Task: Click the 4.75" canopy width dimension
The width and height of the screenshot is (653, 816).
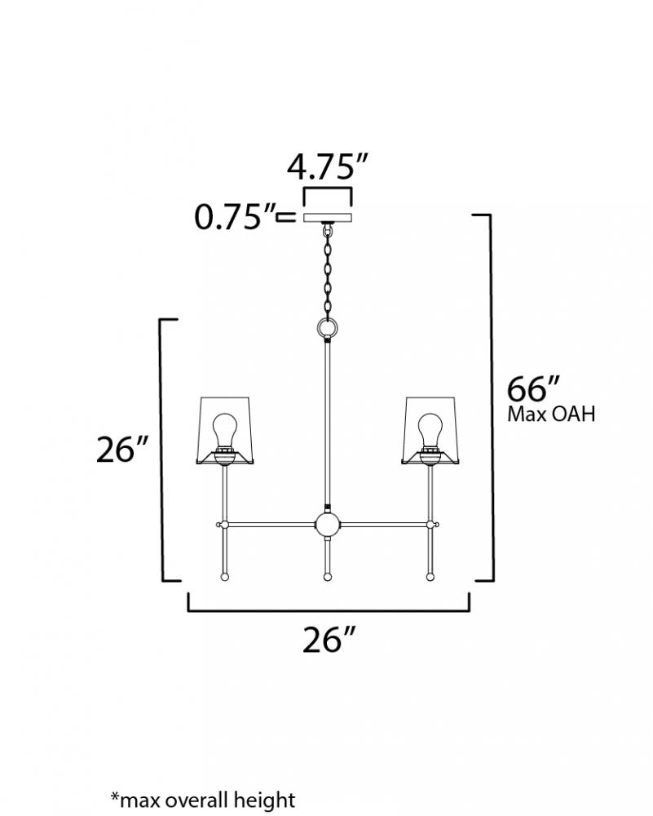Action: click(328, 166)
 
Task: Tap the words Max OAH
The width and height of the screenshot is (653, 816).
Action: click(551, 415)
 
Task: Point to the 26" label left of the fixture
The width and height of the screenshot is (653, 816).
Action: click(122, 449)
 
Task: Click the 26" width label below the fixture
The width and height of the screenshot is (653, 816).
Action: click(329, 639)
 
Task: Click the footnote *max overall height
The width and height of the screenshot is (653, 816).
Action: click(203, 800)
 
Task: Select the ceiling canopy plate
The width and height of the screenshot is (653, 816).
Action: click(328, 218)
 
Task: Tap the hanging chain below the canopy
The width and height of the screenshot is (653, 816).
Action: click(328, 271)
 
